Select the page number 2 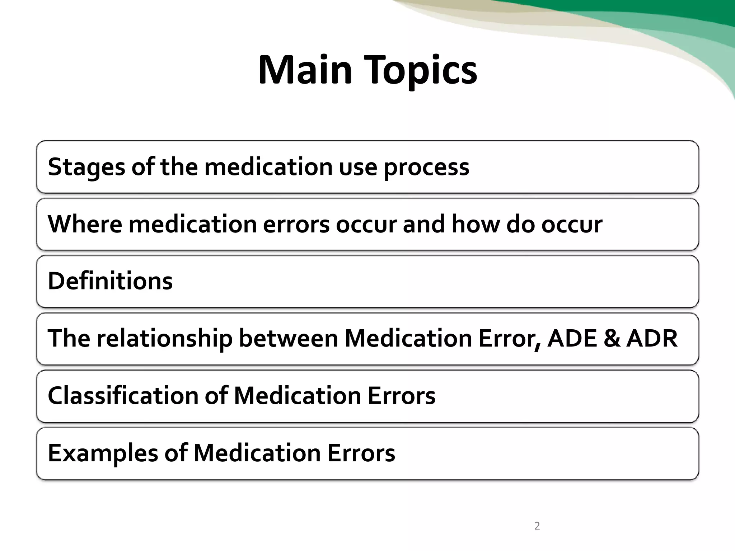click(x=537, y=526)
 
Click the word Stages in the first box click(x=86, y=167)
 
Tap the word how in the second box click(x=476, y=224)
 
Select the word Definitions click(x=110, y=281)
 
